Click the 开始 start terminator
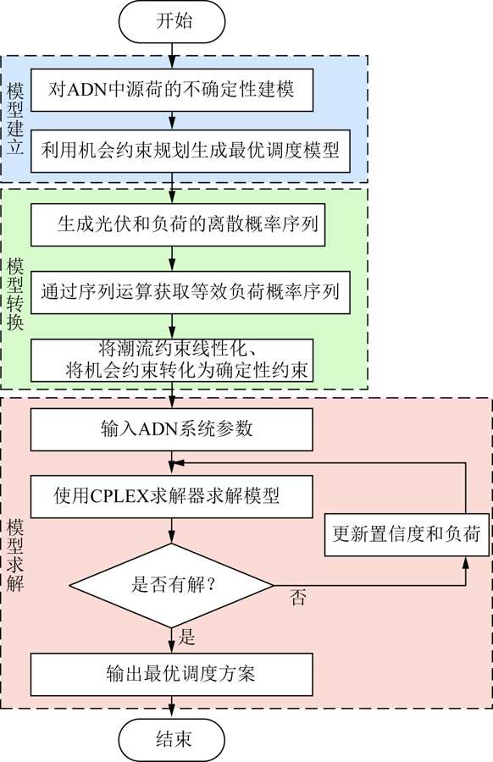(x=172, y=21)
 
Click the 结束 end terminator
(x=172, y=740)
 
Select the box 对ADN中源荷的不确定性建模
(x=172, y=90)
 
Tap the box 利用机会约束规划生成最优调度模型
(x=191, y=152)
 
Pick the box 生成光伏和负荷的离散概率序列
(x=178, y=224)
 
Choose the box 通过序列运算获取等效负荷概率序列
(x=191, y=292)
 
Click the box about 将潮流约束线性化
(x=172, y=360)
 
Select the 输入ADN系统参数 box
(x=172, y=429)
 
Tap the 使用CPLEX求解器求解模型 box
(x=172, y=496)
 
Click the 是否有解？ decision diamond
(x=172, y=585)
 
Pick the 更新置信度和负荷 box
(x=407, y=534)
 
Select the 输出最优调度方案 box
(x=172, y=674)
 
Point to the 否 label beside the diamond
(x=298, y=597)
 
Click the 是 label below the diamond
(x=186, y=637)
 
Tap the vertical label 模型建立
(x=15, y=119)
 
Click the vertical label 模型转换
(x=15, y=295)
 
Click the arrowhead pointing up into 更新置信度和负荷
(x=466, y=562)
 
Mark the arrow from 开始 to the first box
(x=172, y=56)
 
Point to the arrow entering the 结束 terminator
(x=172, y=707)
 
